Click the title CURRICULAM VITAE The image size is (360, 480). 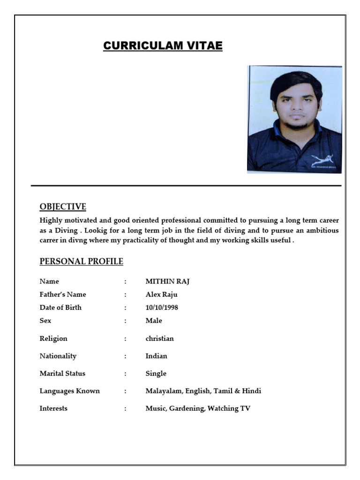(163, 46)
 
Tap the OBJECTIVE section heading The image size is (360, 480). (63, 207)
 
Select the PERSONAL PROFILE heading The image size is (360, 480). (81, 261)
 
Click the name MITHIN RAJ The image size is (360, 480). (167, 281)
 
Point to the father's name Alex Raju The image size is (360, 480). (161, 294)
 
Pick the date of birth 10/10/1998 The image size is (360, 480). (162, 307)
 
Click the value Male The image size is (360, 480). (154, 321)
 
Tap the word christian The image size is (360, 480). (159, 338)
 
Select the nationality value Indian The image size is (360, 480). (156, 356)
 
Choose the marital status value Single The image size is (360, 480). (156, 374)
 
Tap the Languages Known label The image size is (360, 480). (69, 391)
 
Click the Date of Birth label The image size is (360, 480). (60, 307)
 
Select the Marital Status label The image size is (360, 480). (62, 374)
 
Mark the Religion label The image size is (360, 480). (53, 338)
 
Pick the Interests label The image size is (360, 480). (53, 408)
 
